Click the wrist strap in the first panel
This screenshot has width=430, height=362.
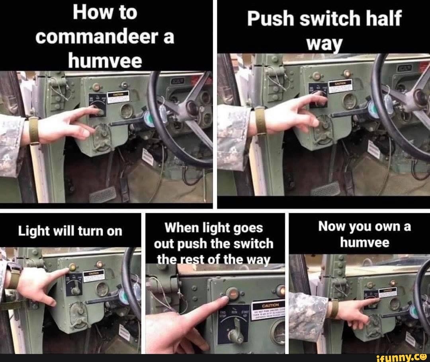click(x=34, y=130)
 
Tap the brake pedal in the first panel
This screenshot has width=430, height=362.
click(x=102, y=195)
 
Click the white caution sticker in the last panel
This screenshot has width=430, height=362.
click(x=387, y=292)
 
